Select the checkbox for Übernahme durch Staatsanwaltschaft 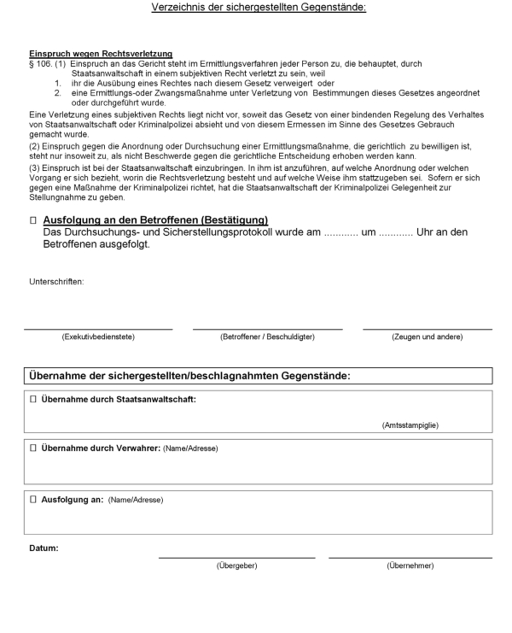point(33,400)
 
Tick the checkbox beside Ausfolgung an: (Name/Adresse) point(33,500)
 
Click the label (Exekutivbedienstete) point(97,337)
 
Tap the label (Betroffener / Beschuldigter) point(267,337)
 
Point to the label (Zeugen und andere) point(427,337)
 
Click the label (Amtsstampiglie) point(410,425)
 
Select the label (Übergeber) point(236,566)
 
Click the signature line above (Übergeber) point(236,558)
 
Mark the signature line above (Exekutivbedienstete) point(97,329)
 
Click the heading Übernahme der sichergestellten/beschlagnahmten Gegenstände point(189,376)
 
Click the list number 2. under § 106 point(59,92)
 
